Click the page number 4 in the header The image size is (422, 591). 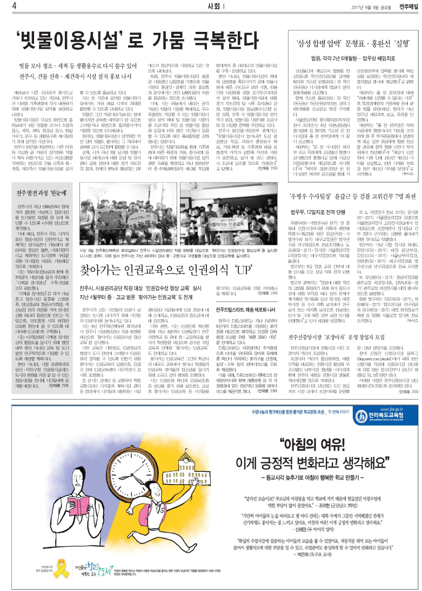pyautogui.click(x=5, y=5)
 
